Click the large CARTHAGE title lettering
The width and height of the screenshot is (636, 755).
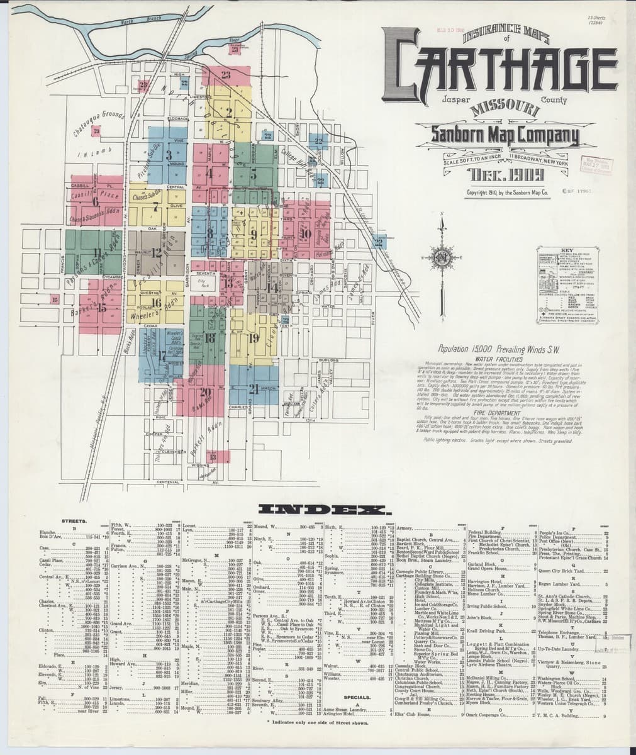500,74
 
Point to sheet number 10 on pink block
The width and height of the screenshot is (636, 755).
306,233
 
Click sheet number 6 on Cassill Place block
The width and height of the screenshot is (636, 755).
96,202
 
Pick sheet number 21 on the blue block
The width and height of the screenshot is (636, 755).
254,387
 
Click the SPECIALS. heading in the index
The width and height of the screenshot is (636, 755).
360,698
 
